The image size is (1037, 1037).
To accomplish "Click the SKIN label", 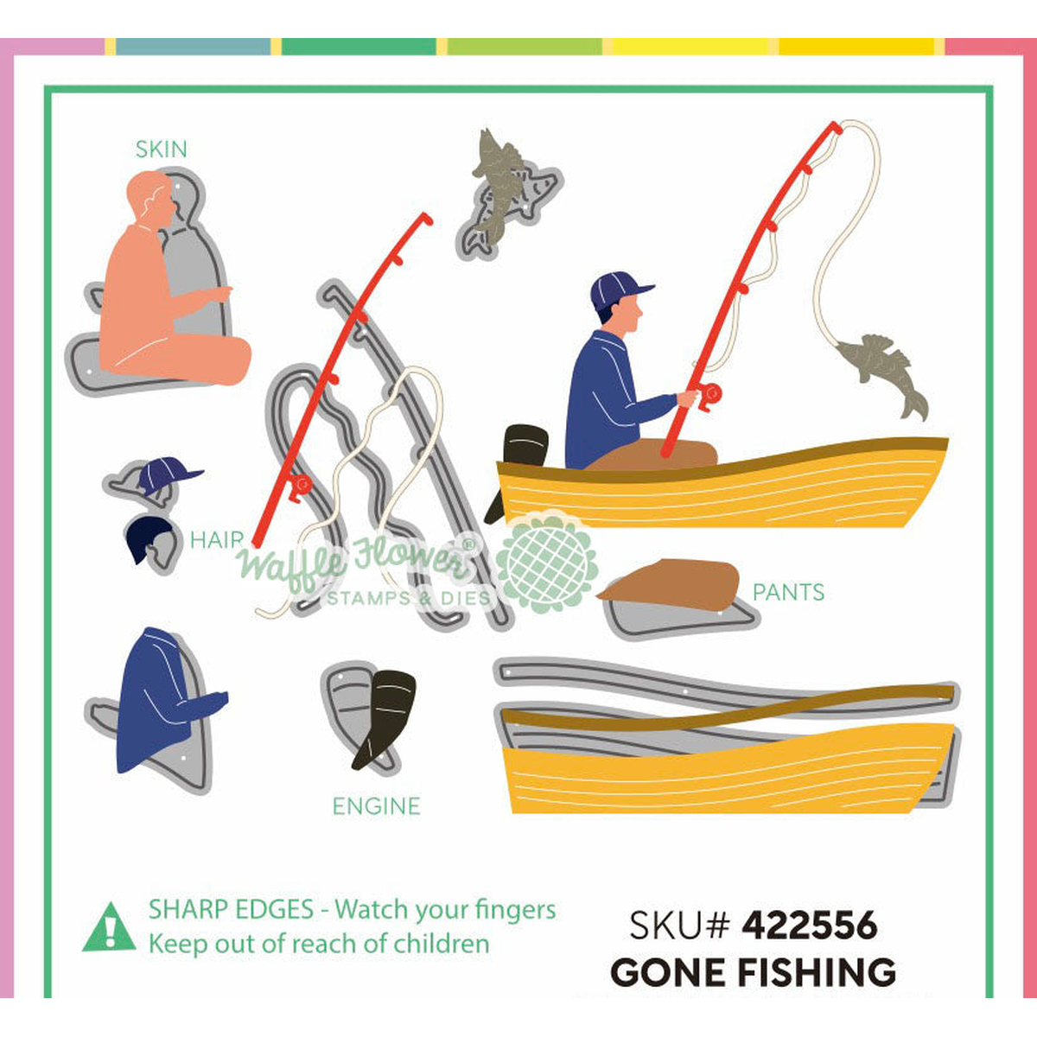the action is coord(162,149).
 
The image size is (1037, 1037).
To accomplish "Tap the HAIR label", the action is coord(218,540).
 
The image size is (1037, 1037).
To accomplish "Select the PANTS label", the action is coord(788,593).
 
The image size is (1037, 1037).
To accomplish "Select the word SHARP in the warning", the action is coord(184,909).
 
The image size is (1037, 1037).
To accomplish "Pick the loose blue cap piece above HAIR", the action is coord(168,474).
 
